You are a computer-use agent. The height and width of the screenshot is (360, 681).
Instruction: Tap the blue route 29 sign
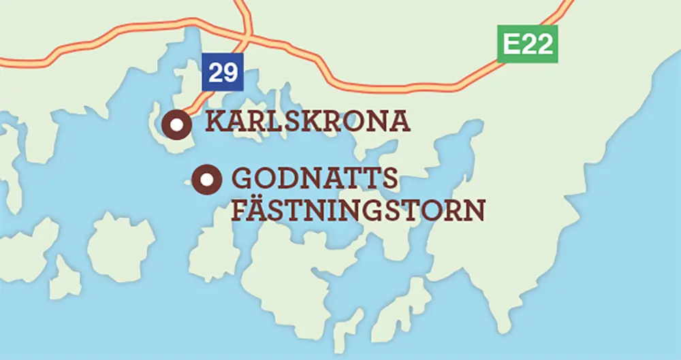(x=223, y=72)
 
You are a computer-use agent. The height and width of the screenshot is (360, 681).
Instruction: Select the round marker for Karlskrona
(x=177, y=124)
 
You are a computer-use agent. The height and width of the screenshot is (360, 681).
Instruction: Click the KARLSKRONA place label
(x=308, y=122)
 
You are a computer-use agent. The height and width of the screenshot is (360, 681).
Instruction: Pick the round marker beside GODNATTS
(x=206, y=180)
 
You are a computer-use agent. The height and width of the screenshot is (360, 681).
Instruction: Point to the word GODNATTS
(x=315, y=178)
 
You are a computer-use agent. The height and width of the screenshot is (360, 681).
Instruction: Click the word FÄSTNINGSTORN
(x=358, y=210)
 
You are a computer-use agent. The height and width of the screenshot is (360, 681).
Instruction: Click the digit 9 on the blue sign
(x=230, y=72)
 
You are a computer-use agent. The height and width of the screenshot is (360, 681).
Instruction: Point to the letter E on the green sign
(x=511, y=44)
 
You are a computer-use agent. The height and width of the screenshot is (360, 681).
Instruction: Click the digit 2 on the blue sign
(x=215, y=72)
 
